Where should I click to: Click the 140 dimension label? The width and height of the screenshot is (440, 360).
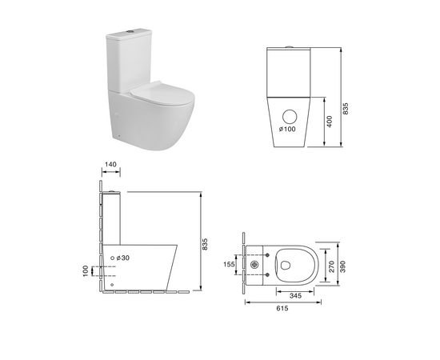[110, 164]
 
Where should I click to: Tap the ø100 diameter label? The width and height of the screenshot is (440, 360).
[287, 129]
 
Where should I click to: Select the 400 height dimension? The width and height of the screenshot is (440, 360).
[330, 122]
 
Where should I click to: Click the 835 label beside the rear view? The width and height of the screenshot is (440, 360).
[346, 109]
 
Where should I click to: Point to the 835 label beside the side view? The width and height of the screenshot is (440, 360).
[205, 244]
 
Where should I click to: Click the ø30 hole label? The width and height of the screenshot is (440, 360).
[123, 258]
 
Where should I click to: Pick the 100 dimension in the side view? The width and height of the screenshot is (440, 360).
[86, 271]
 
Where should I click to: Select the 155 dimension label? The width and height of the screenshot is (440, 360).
[229, 264]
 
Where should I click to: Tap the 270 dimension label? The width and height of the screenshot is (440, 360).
[332, 266]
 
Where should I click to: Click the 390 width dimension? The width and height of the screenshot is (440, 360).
[343, 266]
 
